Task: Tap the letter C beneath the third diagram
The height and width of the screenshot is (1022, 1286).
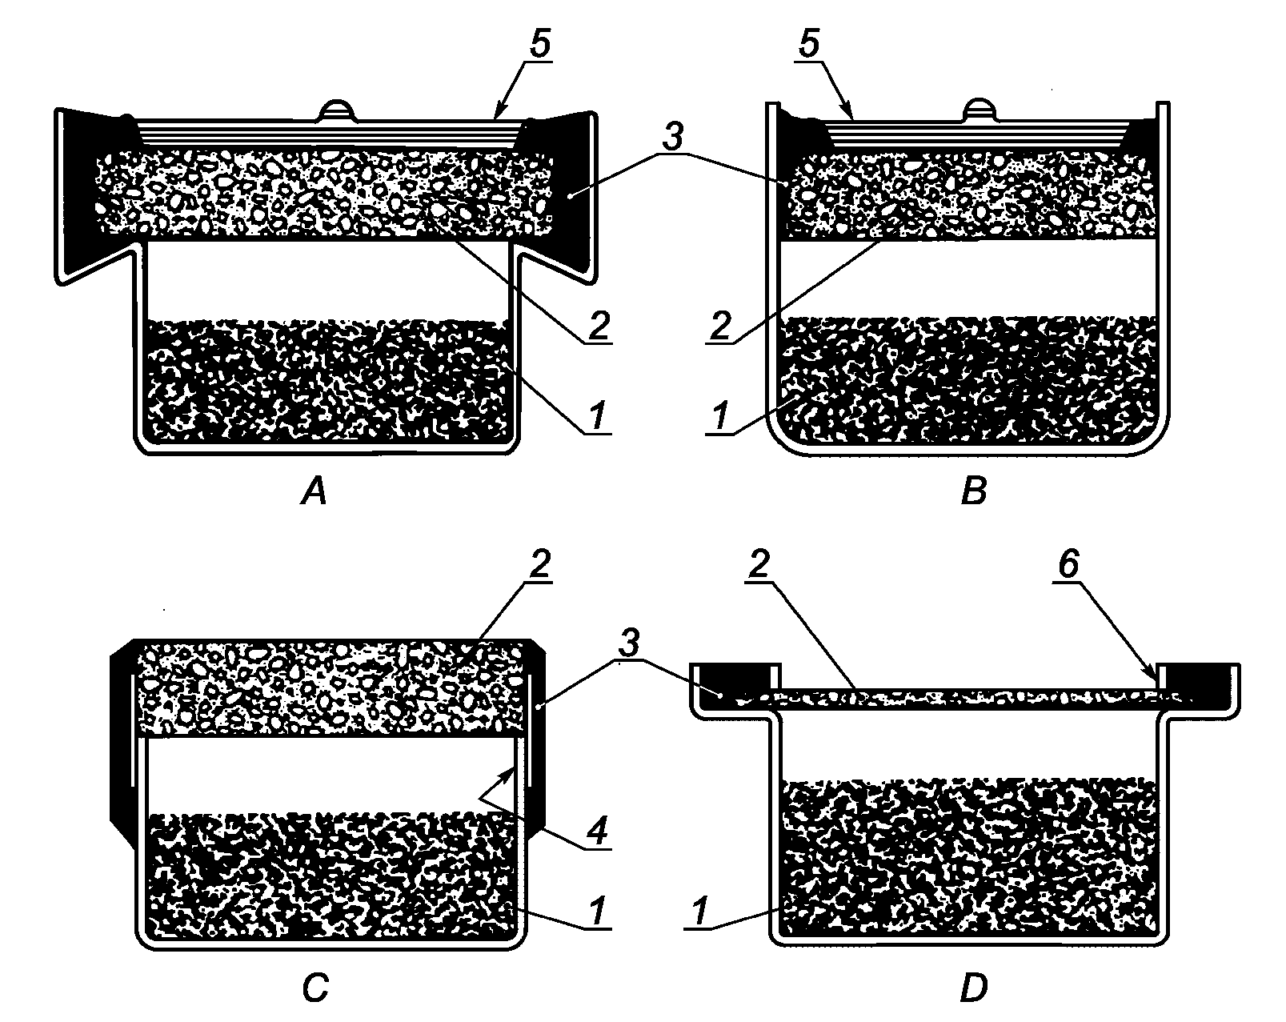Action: click(314, 989)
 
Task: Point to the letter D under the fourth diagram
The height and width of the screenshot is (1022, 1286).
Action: click(974, 989)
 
